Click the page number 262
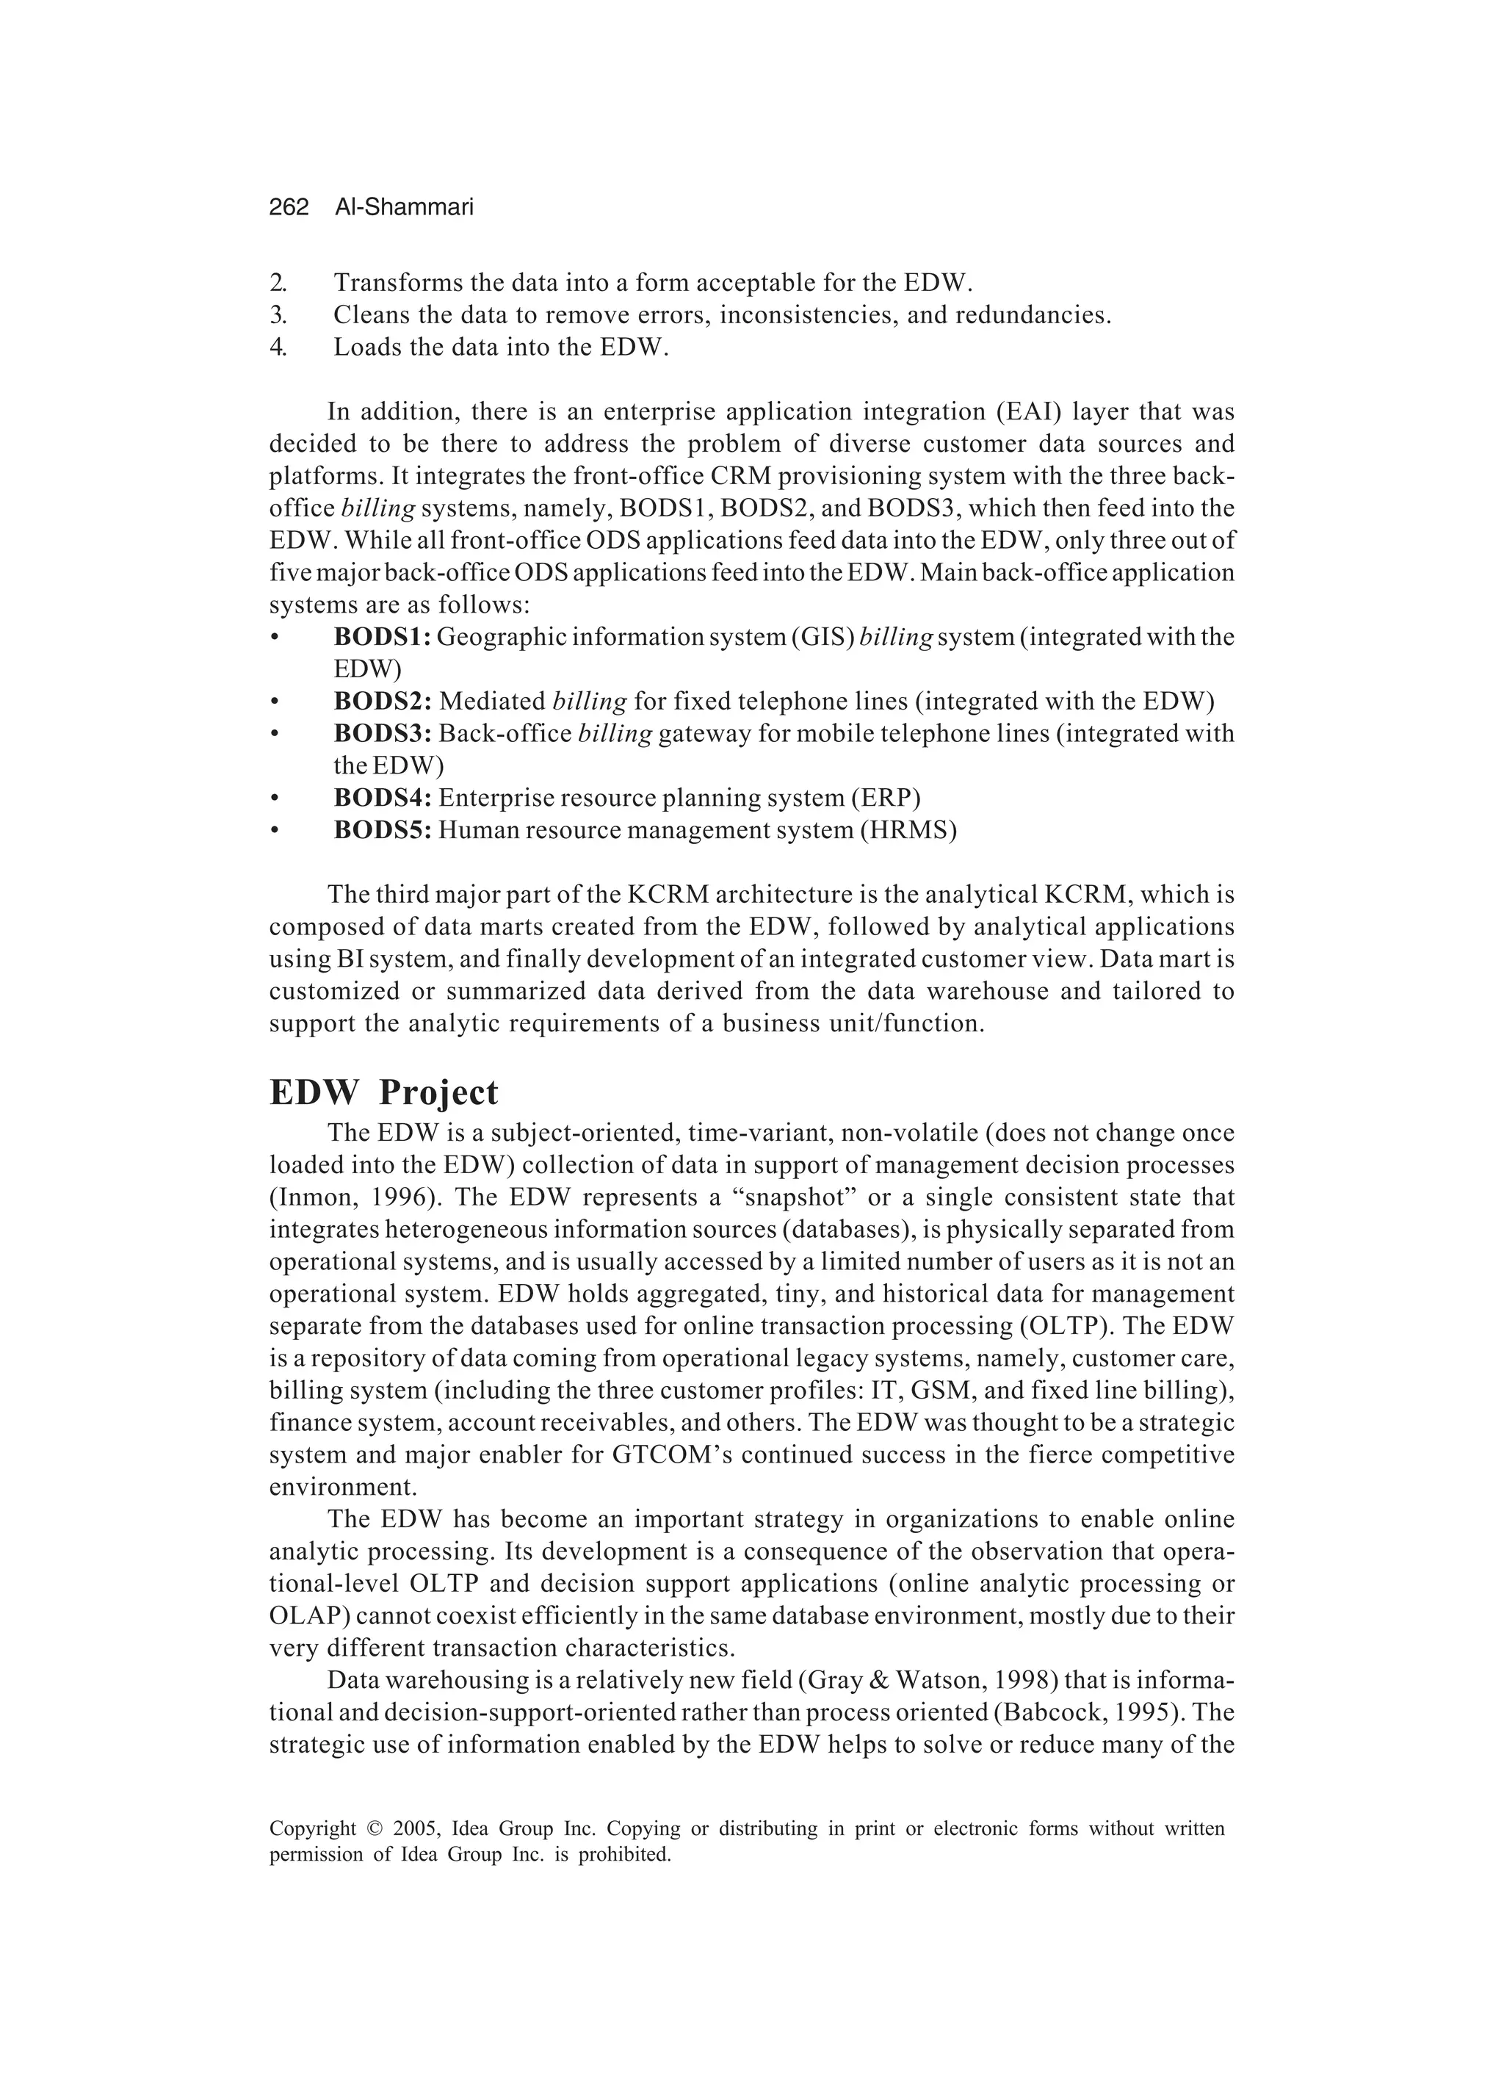click(x=289, y=208)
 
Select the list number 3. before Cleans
click(x=278, y=315)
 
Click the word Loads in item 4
click(x=366, y=347)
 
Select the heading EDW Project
click(x=383, y=1092)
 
